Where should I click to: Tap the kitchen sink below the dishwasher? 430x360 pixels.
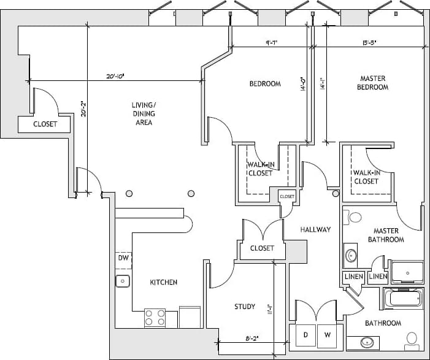122,281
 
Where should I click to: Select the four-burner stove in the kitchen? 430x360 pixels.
155,318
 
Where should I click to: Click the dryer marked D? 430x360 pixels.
305,335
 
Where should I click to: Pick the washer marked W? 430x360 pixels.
328,335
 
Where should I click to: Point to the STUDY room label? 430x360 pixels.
245,307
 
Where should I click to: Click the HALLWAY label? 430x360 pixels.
315,229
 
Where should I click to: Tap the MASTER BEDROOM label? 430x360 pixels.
373,83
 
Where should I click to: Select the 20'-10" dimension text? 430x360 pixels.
115,77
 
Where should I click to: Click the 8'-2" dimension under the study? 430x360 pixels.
251,337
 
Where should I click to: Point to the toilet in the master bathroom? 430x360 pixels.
354,217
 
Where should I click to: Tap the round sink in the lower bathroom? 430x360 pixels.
369,342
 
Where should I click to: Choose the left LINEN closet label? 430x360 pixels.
353,277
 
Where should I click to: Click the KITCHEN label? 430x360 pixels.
164,282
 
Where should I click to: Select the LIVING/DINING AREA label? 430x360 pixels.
143,113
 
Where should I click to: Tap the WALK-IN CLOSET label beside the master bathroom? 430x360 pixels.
366,177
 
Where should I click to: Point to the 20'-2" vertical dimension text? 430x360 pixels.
85,109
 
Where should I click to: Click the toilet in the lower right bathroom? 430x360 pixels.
412,339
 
